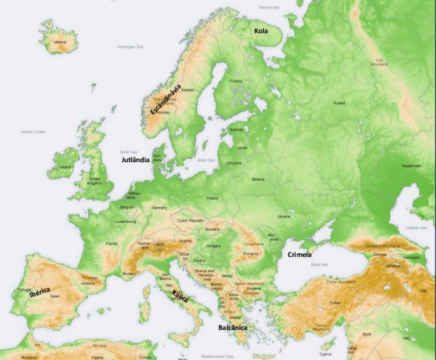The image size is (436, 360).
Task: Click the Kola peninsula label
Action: pyautogui.click(x=261, y=31)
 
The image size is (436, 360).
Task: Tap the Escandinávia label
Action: pyautogui.click(x=165, y=99)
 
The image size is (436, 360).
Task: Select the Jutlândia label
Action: pyautogui.click(x=136, y=160)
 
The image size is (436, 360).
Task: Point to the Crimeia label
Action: pyautogui.click(x=299, y=254)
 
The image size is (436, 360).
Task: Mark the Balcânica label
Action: pyautogui.click(x=232, y=327)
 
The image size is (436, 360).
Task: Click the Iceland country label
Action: pyautogui.click(x=60, y=42)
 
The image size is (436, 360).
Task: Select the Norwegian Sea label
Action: pyautogui.click(x=129, y=47)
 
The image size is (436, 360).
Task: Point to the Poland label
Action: pyautogui.click(x=212, y=198)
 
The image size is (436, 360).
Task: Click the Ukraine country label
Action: pyautogui.click(x=283, y=216)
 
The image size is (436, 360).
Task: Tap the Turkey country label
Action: pyautogui.click(x=336, y=303)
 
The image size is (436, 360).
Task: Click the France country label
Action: pyautogui.click(x=111, y=244)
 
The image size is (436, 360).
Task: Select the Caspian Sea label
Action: pyautogui.click(x=416, y=228)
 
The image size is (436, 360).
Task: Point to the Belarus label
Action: pyautogui.click(x=258, y=180)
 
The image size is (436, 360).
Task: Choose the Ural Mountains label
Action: pyautogui.click(x=379, y=62)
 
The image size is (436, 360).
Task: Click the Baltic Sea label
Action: pyautogui.click(x=206, y=160)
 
